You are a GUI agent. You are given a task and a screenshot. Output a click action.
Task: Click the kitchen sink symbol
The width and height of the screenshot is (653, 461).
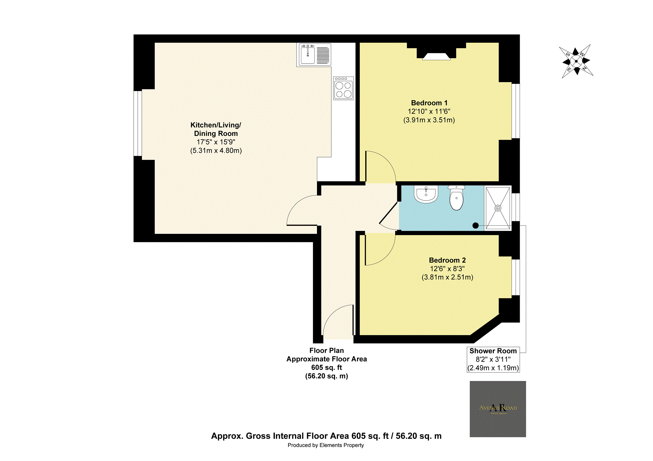point(308,55)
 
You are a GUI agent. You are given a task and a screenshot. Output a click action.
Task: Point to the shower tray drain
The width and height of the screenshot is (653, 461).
point(498,208)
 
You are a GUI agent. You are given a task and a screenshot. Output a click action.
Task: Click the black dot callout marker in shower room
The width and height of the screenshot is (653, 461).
point(475,225)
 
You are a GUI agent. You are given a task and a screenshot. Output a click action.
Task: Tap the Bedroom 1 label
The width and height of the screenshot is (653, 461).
point(429,103)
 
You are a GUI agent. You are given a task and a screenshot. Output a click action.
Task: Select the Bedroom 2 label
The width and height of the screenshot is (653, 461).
point(447,260)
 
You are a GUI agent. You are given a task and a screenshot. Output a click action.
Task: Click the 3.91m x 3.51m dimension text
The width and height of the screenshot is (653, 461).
point(429,120)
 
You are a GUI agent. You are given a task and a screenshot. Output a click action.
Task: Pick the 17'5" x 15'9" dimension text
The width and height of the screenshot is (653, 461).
point(216,142)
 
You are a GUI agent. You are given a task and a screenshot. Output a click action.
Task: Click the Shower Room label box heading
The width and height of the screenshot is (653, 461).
point(493,351)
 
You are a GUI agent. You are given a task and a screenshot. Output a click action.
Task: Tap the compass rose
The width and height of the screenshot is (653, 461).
point(576,62)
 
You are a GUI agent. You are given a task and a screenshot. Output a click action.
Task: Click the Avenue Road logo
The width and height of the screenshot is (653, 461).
point(498,409)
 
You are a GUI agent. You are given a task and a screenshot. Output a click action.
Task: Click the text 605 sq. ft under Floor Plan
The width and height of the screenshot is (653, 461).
point(326,368)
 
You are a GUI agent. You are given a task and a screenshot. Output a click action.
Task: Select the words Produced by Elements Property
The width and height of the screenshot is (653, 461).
point(325,445)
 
